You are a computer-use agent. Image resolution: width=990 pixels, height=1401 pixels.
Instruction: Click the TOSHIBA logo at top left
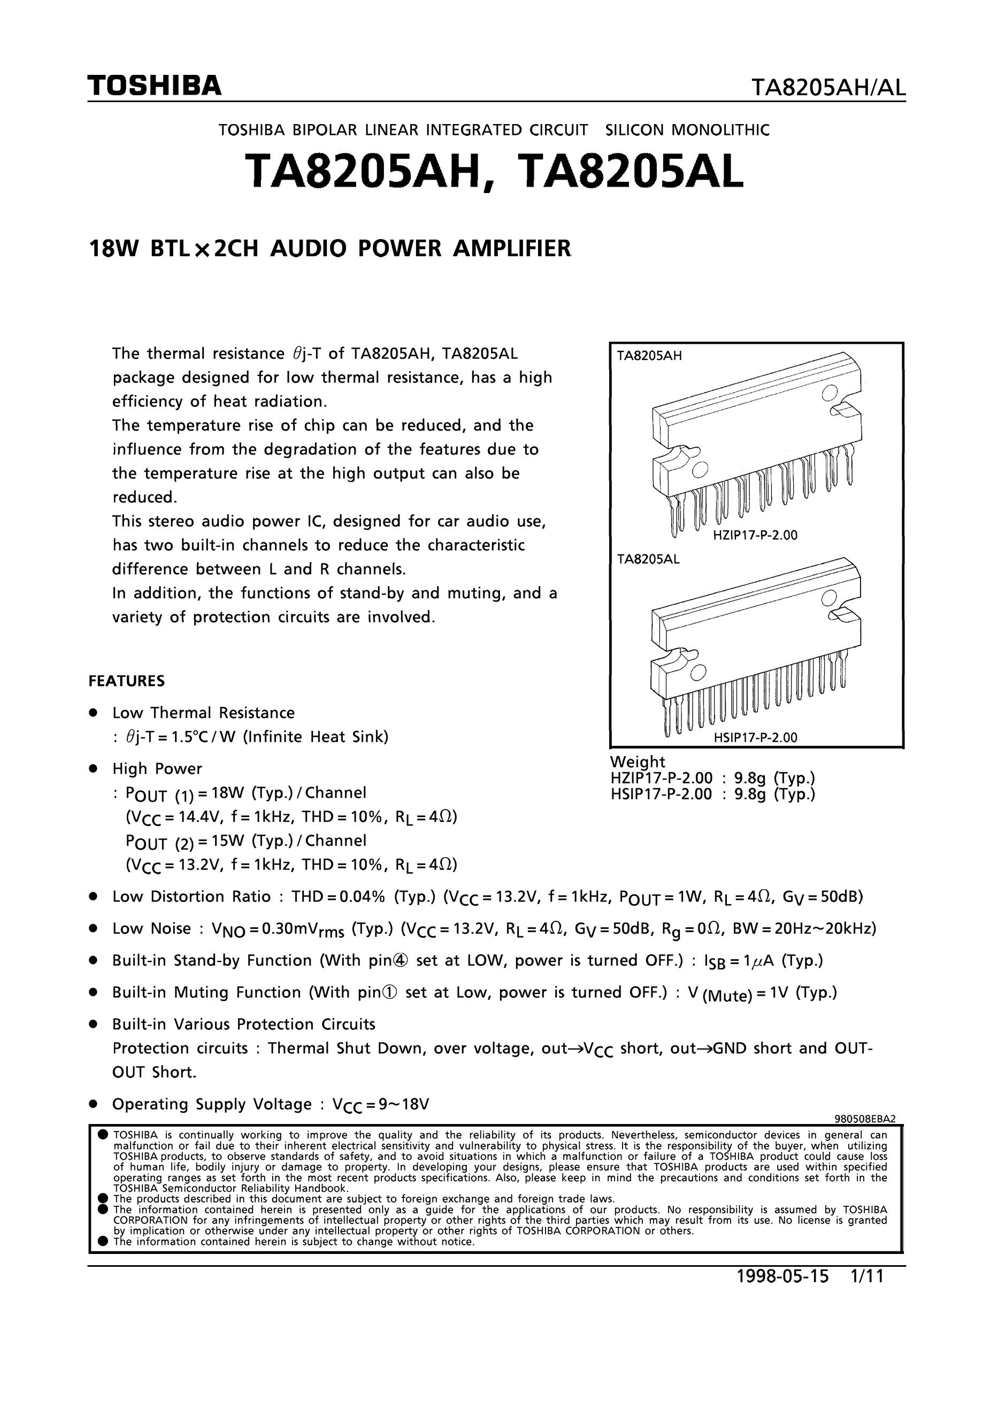[x=155, y=86]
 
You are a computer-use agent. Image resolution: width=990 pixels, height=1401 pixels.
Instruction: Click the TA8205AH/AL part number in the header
[x=828, y=89]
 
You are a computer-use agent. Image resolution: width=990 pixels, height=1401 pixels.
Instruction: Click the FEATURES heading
[x=127, y=681]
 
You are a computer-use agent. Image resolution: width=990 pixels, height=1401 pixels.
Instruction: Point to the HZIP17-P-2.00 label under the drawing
[x=755, y=536]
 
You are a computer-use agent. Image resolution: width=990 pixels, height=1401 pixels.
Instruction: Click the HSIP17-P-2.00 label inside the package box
[x=755, y=737]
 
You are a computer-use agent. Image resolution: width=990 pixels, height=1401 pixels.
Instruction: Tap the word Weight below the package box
[x=638, y=761]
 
